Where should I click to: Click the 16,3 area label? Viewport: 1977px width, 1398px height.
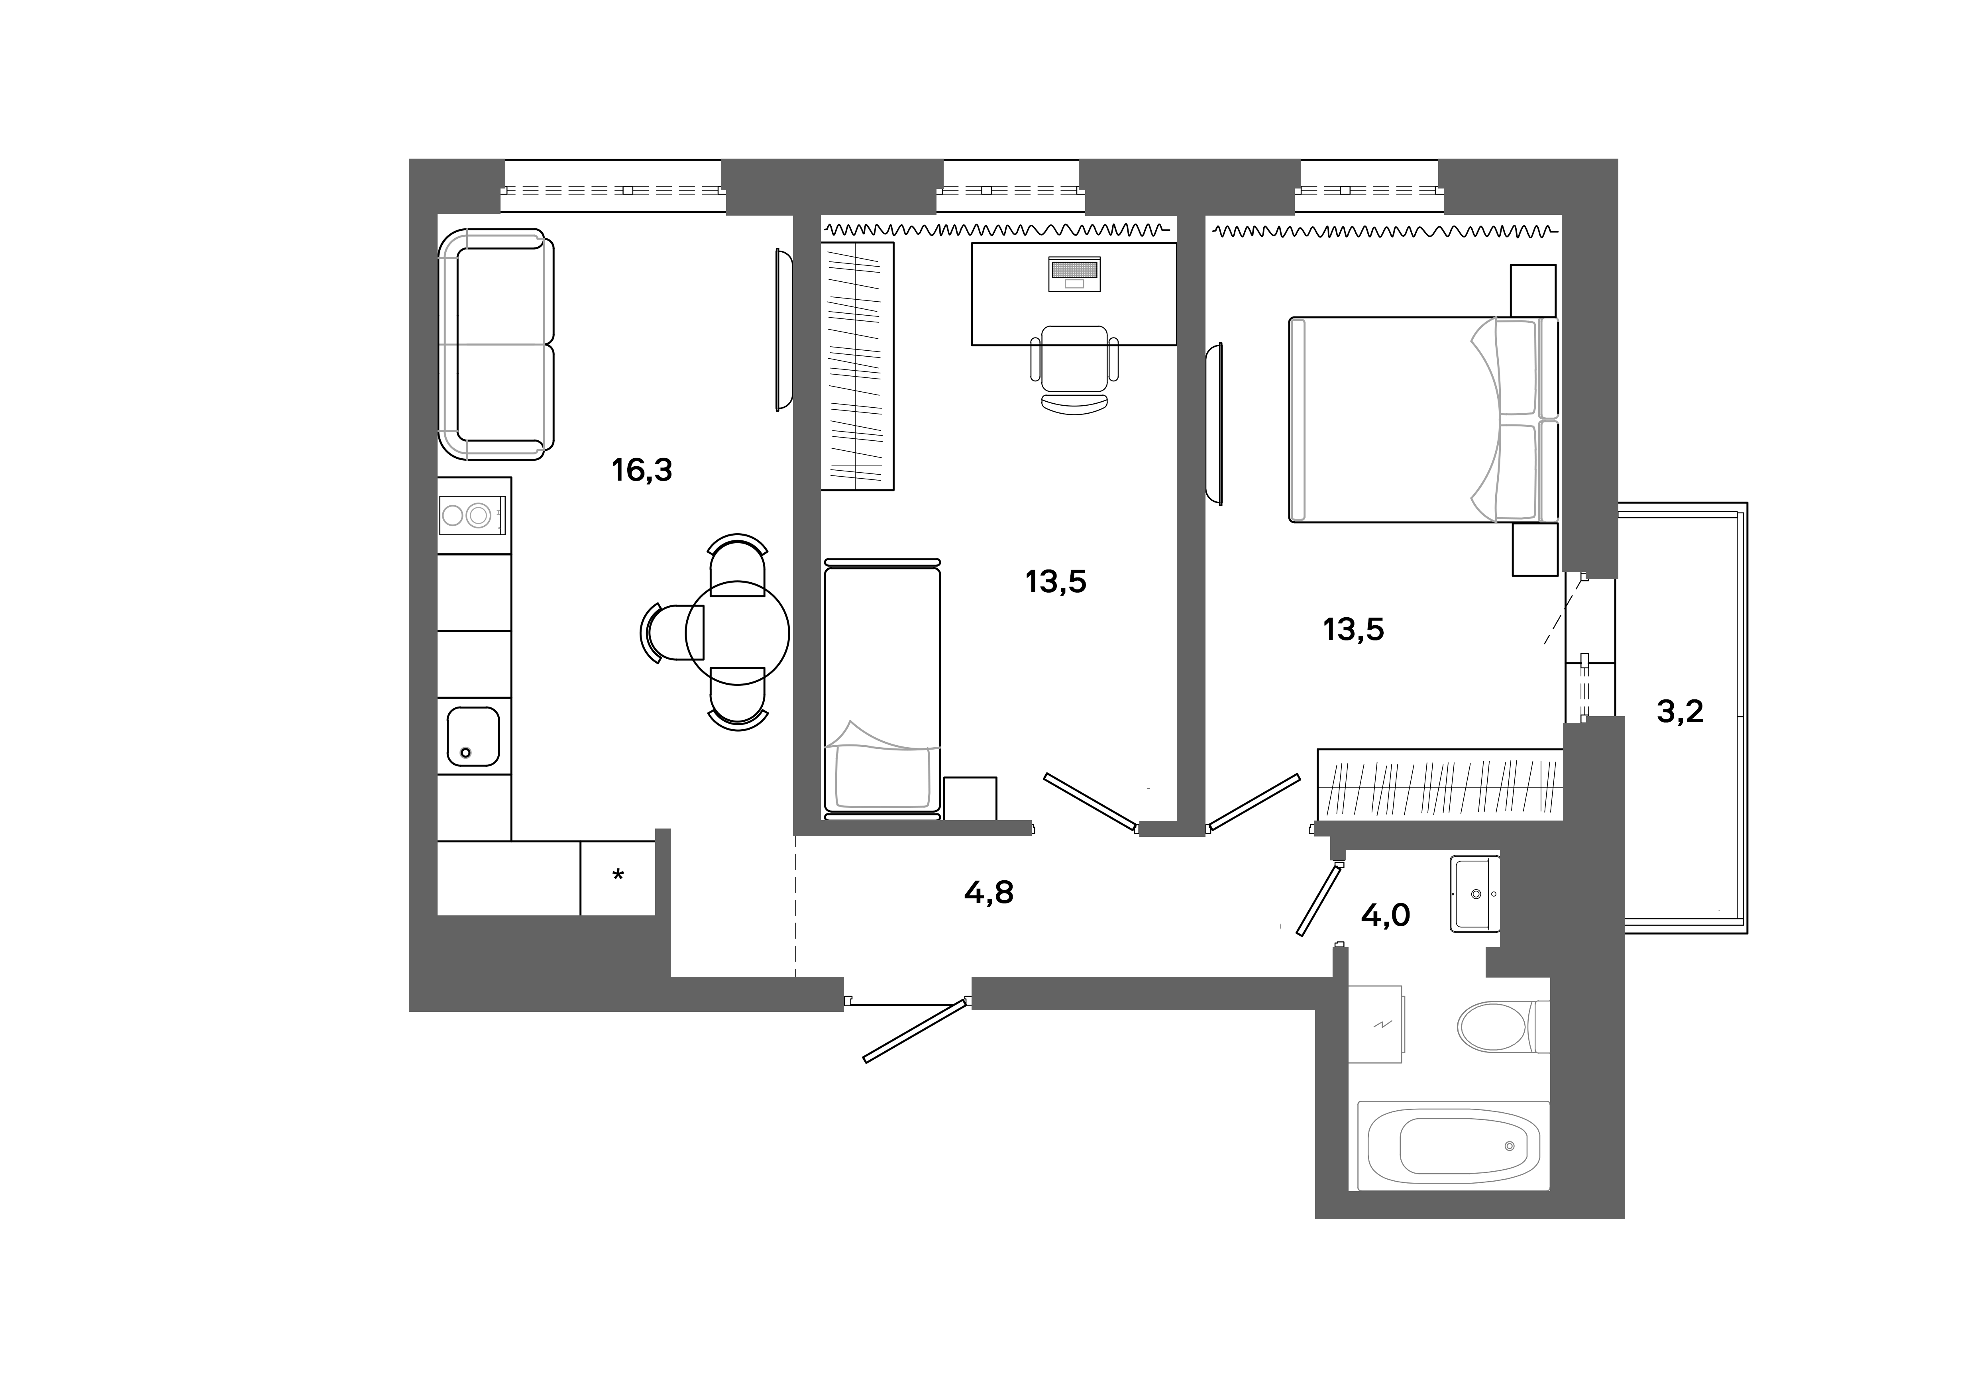click(x=642, y=470)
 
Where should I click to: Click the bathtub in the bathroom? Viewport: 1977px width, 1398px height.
click(x=1453, y=1145)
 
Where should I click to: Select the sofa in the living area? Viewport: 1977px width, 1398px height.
click(x=495, y=344)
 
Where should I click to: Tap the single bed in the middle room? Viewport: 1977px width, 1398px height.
click(x=882, y=689)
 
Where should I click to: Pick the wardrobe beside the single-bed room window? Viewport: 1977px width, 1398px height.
click(x=857, y=366)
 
